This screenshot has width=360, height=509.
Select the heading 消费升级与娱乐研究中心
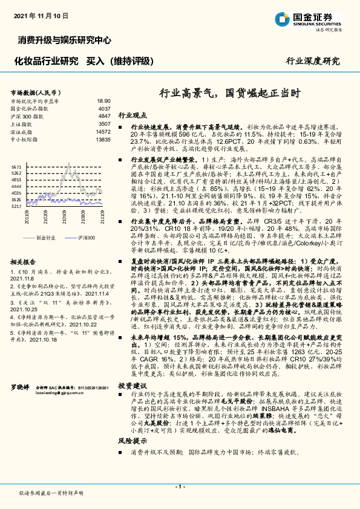63,41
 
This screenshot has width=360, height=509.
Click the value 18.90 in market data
103,101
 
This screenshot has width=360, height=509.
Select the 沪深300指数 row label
28,115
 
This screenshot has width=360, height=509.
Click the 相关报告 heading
25,262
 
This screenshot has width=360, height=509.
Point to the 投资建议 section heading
133,384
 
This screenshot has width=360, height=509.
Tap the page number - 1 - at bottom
180,486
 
